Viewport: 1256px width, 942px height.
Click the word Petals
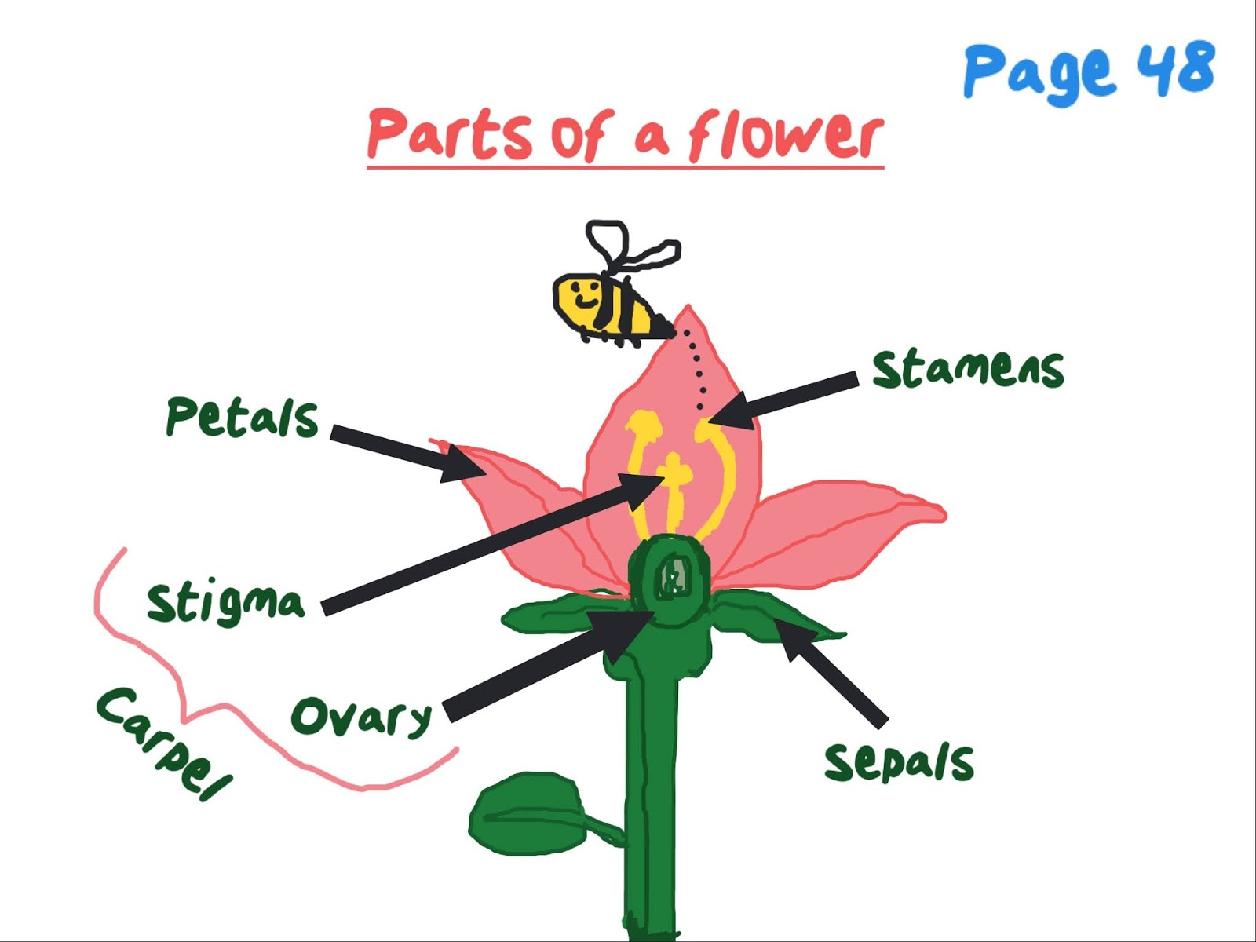tap(242, 417)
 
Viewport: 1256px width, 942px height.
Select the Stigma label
tap(225, 603)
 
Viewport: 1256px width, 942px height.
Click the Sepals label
tap(899, 761)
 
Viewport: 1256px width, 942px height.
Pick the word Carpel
tap(163, 743)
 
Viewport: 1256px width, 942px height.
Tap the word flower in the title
tap(785, 136)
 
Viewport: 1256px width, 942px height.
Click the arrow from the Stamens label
tap(785, 400)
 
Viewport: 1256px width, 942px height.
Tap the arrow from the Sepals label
tap(832, 671)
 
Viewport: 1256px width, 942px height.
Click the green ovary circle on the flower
tap(671, 581)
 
